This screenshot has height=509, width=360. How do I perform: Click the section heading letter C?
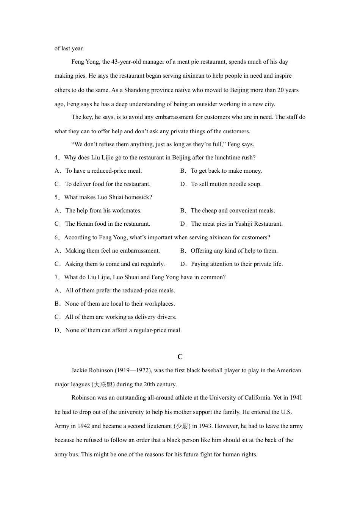[x=180, y=357]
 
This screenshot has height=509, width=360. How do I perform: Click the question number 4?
[x=56, y=158]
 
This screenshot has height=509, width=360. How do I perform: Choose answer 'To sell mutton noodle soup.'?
[x=226, y=184]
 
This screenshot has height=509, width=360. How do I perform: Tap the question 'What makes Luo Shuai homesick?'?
[x=108, y=197]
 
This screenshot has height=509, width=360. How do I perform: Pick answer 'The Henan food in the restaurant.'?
[x=108, y=224]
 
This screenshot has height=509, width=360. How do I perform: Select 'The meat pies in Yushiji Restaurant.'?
[x=237, y=224]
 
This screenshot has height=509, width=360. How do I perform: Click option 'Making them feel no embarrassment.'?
[x=113, y=251]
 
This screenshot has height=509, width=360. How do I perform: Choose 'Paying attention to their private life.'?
[x=237, y=264]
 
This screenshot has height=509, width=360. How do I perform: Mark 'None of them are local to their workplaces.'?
[x=120, y=304]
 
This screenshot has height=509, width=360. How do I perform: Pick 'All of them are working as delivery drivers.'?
[x=121, y=317]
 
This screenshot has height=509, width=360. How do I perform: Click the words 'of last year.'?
[x=69, y=48]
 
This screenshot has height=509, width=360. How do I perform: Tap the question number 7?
[x=56, y=277]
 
